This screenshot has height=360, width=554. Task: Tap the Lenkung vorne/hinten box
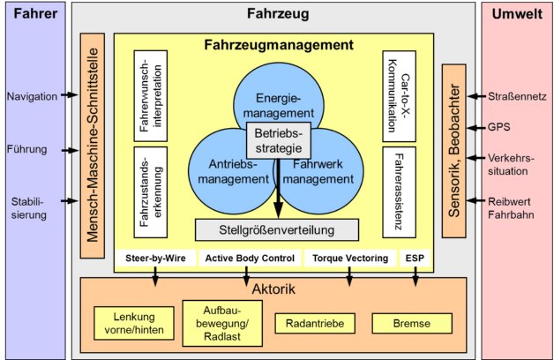coord(129,323)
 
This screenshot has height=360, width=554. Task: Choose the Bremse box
coord(412,325)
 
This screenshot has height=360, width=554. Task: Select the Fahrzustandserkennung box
coord(151,188)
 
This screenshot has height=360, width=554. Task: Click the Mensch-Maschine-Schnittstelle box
coord(91,146)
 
